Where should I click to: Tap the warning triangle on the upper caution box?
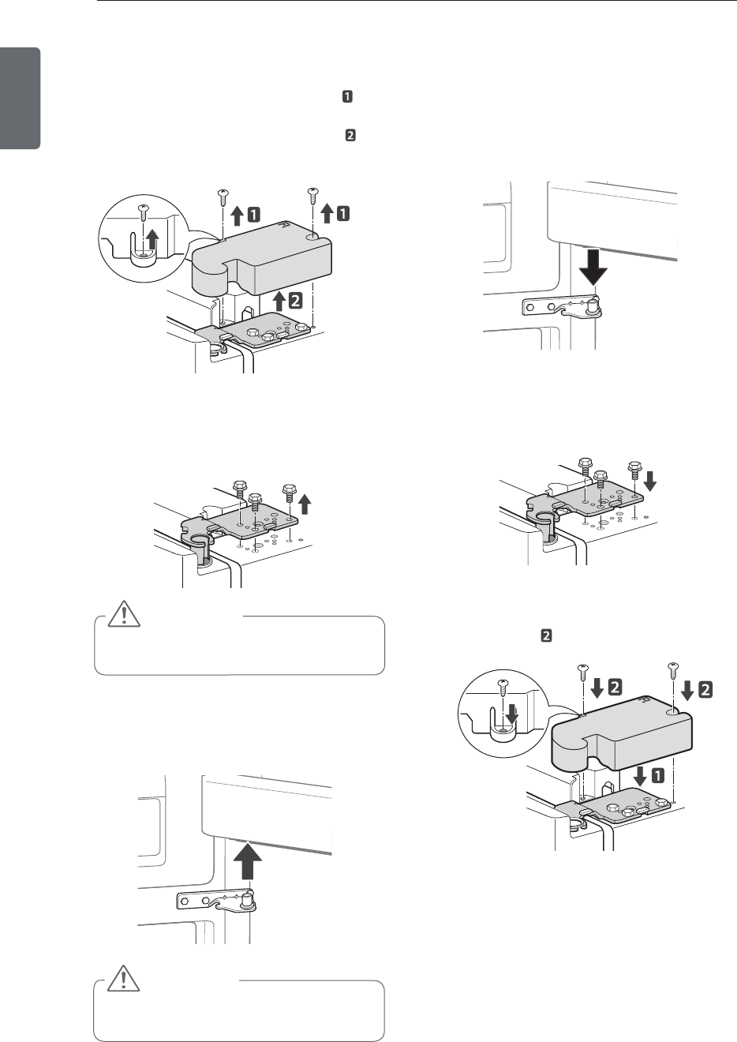click(124, 616)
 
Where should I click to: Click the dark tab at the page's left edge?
click(20, 98)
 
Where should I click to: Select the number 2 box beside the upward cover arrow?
click(293, 300)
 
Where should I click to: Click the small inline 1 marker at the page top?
click(346, 97)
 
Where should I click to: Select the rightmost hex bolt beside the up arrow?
click(290, 493)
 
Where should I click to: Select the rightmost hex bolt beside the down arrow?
click(634, 471)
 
